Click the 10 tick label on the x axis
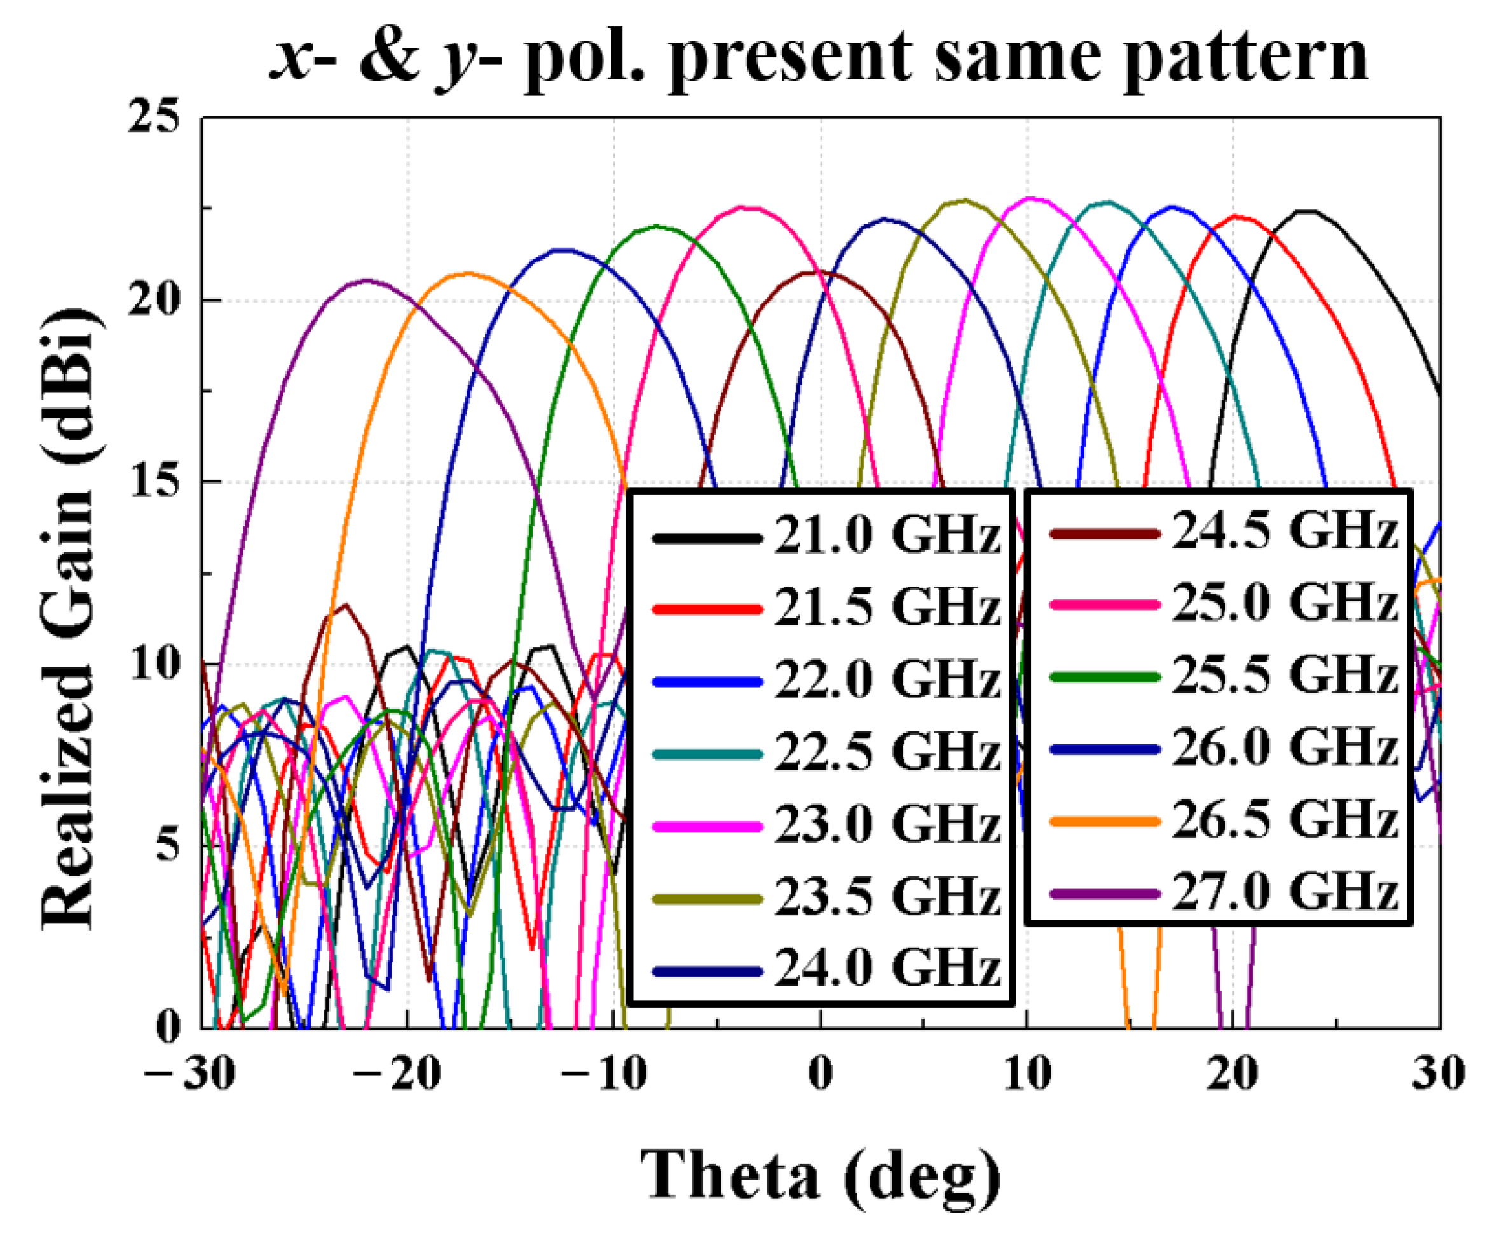tap(1027, 1073)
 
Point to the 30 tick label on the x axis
tap(1438, 1073)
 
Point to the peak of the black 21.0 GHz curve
tap(1306, 211)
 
